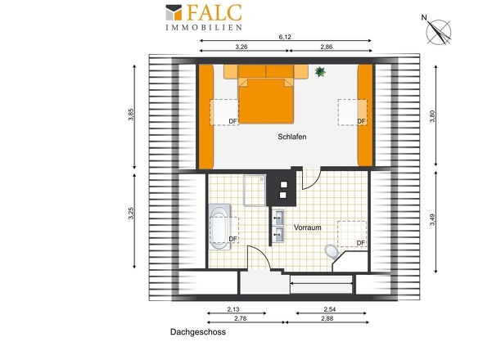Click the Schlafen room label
coord(292,137)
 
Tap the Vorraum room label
coord(308,227)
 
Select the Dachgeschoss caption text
coord(198,332)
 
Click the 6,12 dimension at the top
coord(285,37)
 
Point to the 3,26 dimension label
coord(241,47)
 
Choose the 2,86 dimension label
coord(327,47)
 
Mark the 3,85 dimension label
coord(131,115)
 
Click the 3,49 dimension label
coord(432,219)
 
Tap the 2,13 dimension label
coord(233,309)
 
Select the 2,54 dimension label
coord(330,309)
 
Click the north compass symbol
coord(437,31)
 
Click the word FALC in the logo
coord(214,13)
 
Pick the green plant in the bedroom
coord(320,72)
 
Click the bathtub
coord(220,227)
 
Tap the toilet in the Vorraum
coord(332,251)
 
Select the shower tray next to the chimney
coord(255,190)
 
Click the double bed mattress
coord(266,101)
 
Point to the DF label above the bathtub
coord(232,239)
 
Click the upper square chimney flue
coord(283,185)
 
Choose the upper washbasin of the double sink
coord(278,218)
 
